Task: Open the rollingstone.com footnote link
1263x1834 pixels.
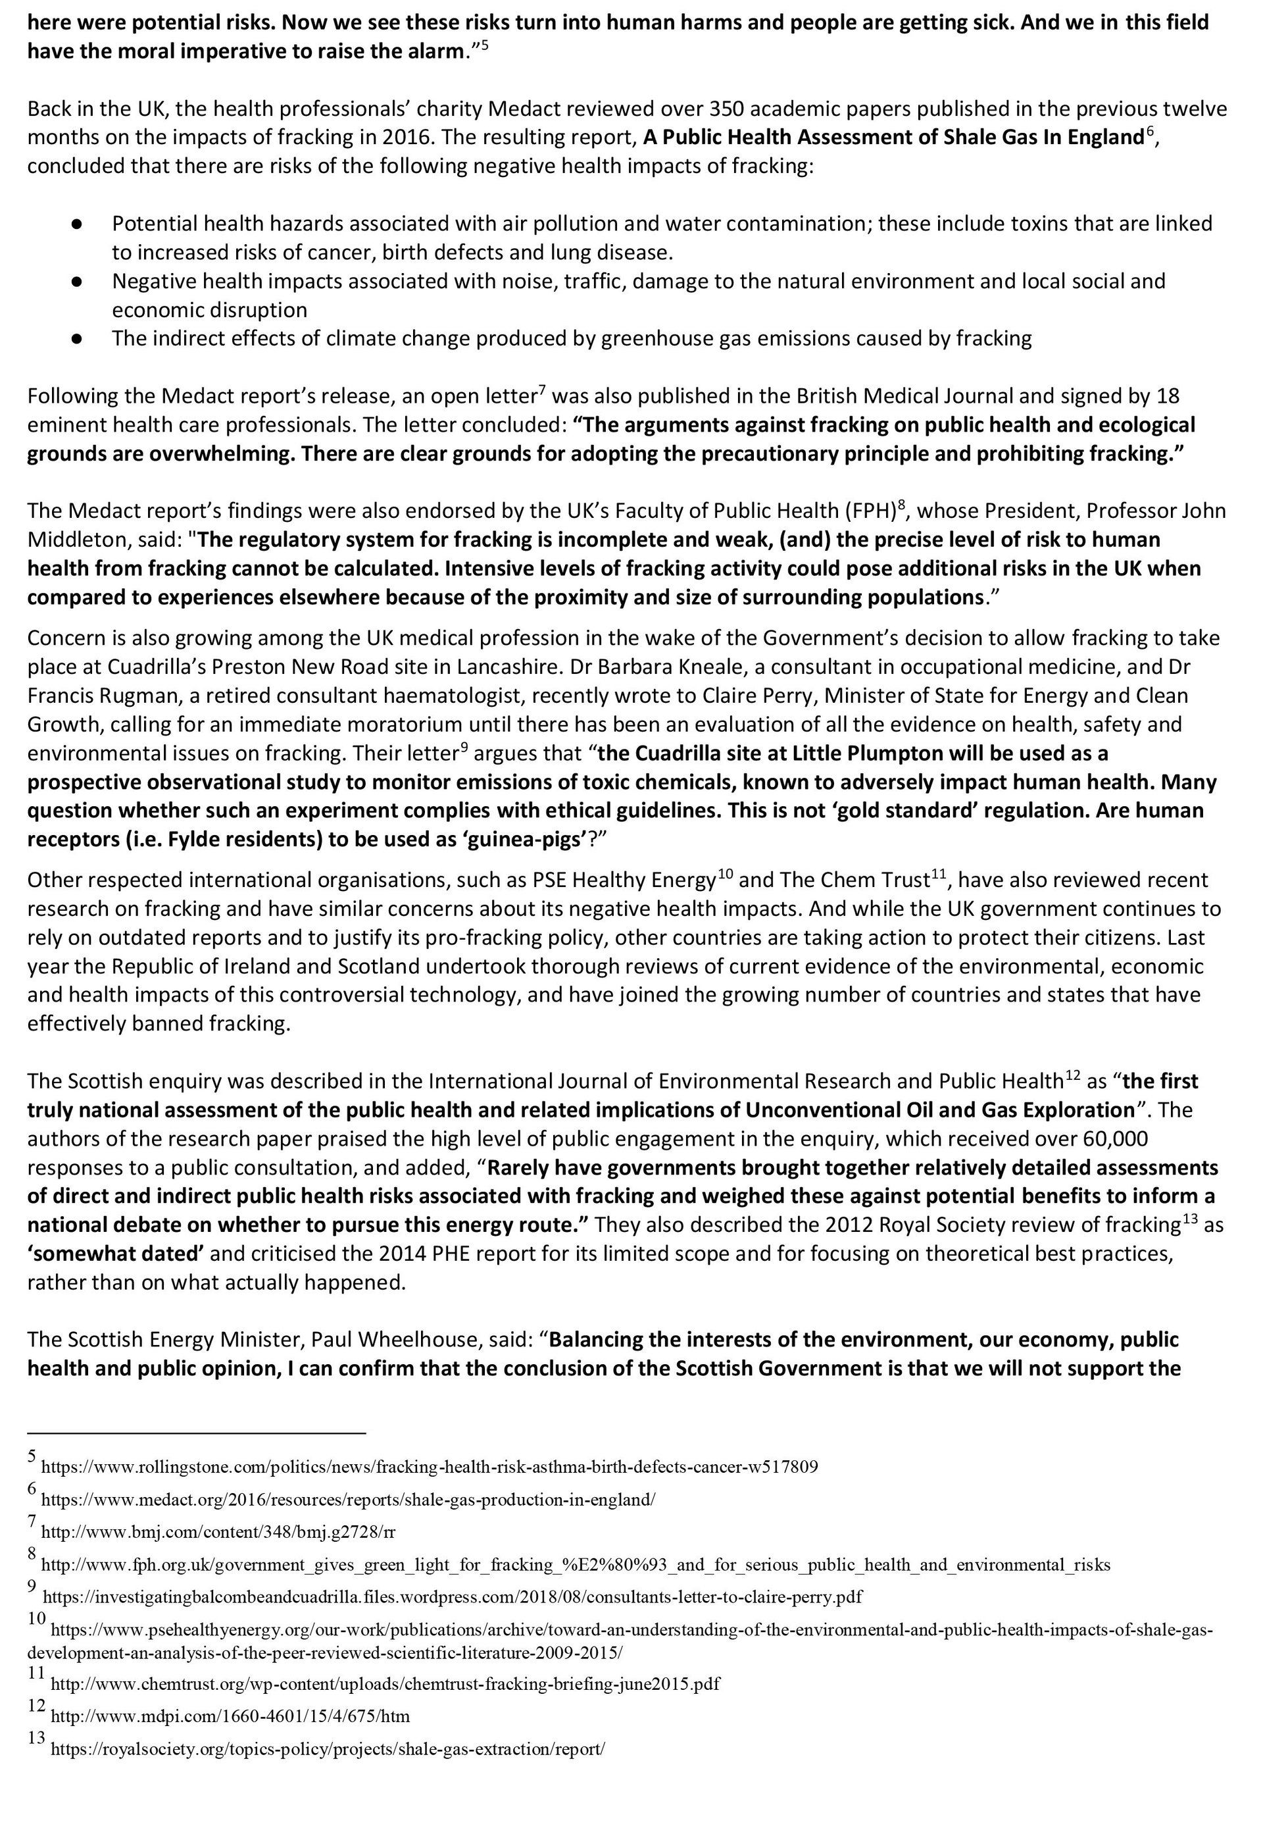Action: tap(429, 1467)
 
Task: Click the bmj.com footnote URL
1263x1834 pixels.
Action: tap(218, 1532)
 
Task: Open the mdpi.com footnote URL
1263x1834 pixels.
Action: tap(230, 1716)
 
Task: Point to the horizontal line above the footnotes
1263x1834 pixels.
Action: tap(196, 1433)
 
